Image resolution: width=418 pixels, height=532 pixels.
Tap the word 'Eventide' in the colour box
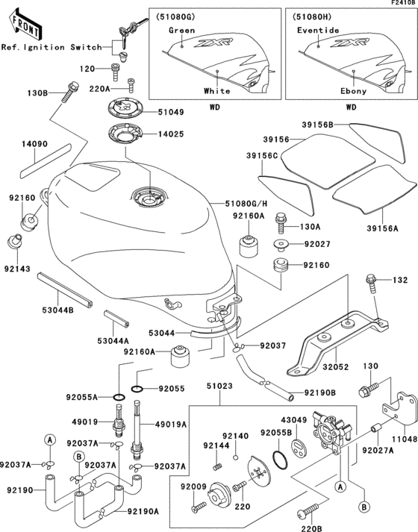(x=318, y=31)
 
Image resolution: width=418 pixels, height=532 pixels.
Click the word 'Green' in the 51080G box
(x=181, y=31)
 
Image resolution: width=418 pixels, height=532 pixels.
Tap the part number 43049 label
(x=293, y=420)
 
